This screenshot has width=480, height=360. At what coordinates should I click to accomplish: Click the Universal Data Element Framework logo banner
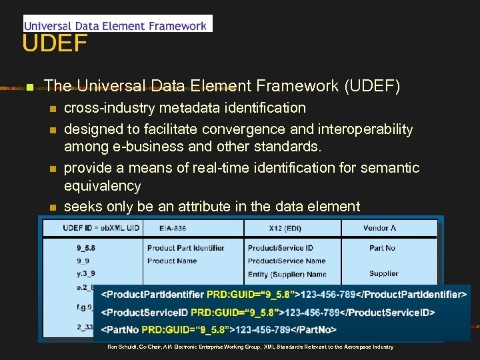[x=117, y=25]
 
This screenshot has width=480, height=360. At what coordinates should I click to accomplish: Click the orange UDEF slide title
[x=55, y=44]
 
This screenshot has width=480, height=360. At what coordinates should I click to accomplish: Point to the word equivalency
[x=102, y=186]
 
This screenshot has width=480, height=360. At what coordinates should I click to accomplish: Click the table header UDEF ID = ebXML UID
[x=101, y=228]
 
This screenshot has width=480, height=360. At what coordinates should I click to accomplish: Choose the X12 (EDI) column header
[x=285, y=228]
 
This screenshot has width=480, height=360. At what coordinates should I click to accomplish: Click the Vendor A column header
[x=380, y=228]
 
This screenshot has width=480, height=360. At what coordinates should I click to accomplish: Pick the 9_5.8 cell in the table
[x=87, y=248]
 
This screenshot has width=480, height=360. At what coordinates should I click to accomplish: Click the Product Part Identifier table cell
[x=185, y=248]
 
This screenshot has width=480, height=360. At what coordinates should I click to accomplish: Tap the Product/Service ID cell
[x=280, y=248]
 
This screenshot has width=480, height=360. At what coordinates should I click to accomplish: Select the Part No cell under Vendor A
[x=382, y=248]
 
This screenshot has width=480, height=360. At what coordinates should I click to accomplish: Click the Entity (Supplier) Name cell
[x=287, y=274]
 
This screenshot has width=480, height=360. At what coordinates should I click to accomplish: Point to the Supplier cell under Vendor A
[x=383, y=273]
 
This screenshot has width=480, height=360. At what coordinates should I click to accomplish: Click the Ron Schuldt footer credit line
[x=250, y=347]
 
